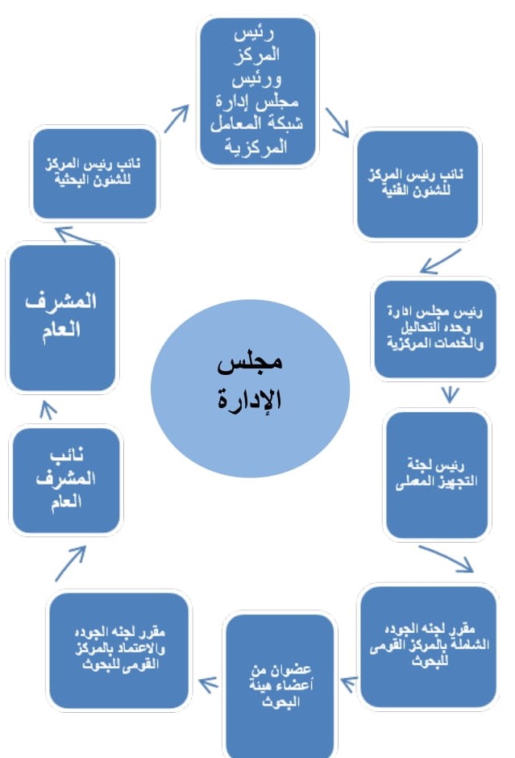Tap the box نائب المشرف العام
pos(67,480)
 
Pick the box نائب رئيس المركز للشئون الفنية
pos(417,185)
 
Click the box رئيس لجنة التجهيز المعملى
pos(436,475)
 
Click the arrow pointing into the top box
pos(178,118)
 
